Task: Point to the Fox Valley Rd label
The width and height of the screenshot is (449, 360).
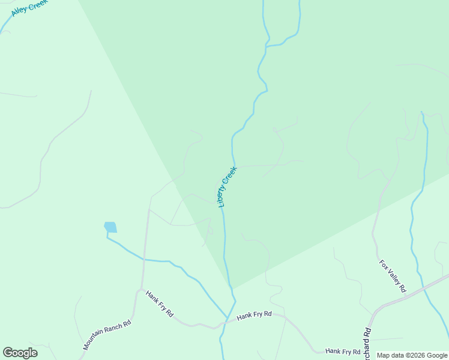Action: click(393, 276)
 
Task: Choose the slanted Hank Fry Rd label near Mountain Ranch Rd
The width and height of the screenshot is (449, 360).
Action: click(160, 304)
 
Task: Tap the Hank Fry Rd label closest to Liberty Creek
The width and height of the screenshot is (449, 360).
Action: click(254, 314)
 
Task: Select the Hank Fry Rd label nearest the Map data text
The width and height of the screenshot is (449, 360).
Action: click(343, 351)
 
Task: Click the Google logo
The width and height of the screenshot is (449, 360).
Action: click(20, 353)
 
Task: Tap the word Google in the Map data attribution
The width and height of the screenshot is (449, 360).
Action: click(438, 356)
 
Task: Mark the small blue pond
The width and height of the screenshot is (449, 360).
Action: click(110, 227)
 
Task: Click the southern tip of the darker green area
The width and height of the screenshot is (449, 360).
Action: click(231, 287)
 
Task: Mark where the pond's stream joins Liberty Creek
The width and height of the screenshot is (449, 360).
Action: click(228, 317)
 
